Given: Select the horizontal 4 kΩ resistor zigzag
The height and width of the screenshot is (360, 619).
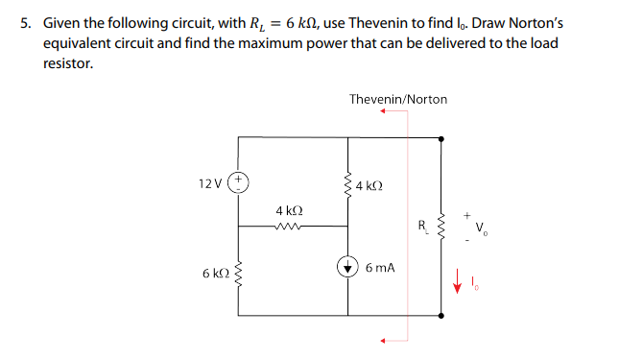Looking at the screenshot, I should coord(288,228).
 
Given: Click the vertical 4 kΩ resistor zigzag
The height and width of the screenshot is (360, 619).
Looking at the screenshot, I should coord(347,183).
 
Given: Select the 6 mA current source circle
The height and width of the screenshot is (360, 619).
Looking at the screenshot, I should coord(347,270).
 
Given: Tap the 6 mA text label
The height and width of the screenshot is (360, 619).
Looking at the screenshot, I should coord(380,270).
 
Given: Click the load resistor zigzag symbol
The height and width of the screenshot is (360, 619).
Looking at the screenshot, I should coord(440,228).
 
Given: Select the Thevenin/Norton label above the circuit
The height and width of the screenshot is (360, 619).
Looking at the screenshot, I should coord(397,99).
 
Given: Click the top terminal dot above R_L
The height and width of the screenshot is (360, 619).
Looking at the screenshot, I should coord(440,138).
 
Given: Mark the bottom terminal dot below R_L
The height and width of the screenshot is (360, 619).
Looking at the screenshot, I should coord(440,315).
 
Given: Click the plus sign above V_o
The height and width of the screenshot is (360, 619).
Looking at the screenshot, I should coord(467,215).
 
